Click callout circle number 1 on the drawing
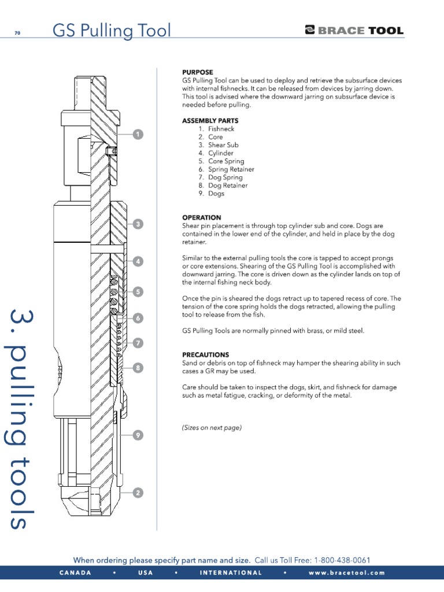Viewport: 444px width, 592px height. point(138,135)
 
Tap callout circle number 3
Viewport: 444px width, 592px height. point(138,224)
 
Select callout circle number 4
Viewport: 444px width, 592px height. point(138,261)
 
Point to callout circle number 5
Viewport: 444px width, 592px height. point(138,292)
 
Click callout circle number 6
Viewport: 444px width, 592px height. point(138,317)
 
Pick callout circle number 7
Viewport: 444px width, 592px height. point(138,343)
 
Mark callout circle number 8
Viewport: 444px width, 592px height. point(138,367)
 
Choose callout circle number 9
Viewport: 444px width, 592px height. point(138,435)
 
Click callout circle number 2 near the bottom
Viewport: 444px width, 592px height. point(138,493)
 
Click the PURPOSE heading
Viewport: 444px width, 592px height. point(198,72)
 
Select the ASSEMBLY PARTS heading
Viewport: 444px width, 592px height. point(210,121)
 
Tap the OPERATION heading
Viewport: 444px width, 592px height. point(202,217)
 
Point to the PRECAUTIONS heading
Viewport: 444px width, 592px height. point(206,354)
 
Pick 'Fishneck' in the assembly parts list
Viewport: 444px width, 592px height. point(221,129)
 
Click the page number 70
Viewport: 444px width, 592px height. point(17,33)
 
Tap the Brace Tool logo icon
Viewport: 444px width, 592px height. point(310,31)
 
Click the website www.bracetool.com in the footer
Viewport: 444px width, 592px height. point(346,573)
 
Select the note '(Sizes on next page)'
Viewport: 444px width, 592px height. point(212,428)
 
